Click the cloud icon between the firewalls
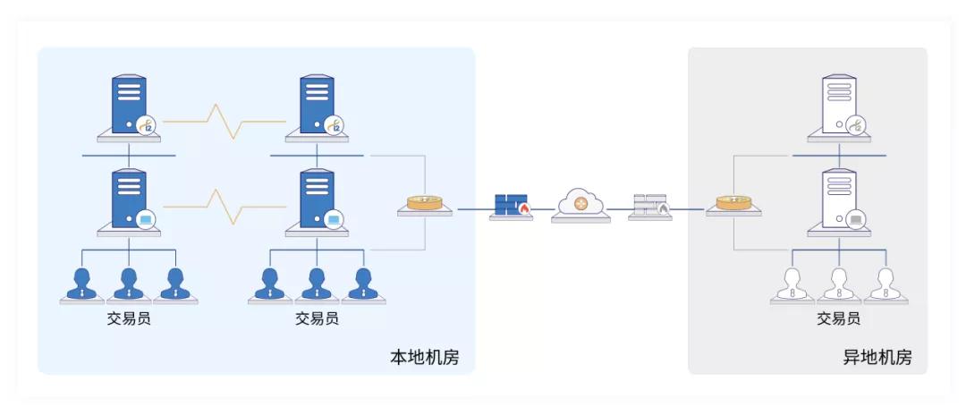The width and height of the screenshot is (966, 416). click(x=580, y=205)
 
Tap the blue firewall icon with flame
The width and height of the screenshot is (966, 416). click(x=512, y=206)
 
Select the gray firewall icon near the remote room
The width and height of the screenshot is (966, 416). click(x=650, y=206)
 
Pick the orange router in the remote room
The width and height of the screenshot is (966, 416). click(x=733, y=203)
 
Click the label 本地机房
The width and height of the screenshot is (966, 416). click(x=424, y=357)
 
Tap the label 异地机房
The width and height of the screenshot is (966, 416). click(x=877, y=357)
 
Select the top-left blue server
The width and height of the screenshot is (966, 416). click(x=129, y=106)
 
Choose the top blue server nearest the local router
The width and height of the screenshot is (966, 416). click(x=318, y=106)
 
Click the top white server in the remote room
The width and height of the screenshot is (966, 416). click(x=839, y=106)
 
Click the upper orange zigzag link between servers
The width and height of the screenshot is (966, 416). click(x=223, y=121)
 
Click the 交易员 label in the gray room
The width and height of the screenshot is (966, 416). click(x=839, y=318)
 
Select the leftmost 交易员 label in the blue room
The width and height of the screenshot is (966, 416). click(x=129, y=318)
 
